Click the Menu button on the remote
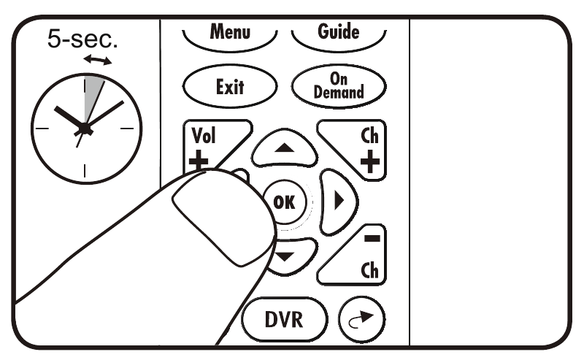[x=230, y=33]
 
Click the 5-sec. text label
[x=82, y=39]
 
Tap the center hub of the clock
[x=85, y=129]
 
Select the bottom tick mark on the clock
[x=85, y=172]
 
